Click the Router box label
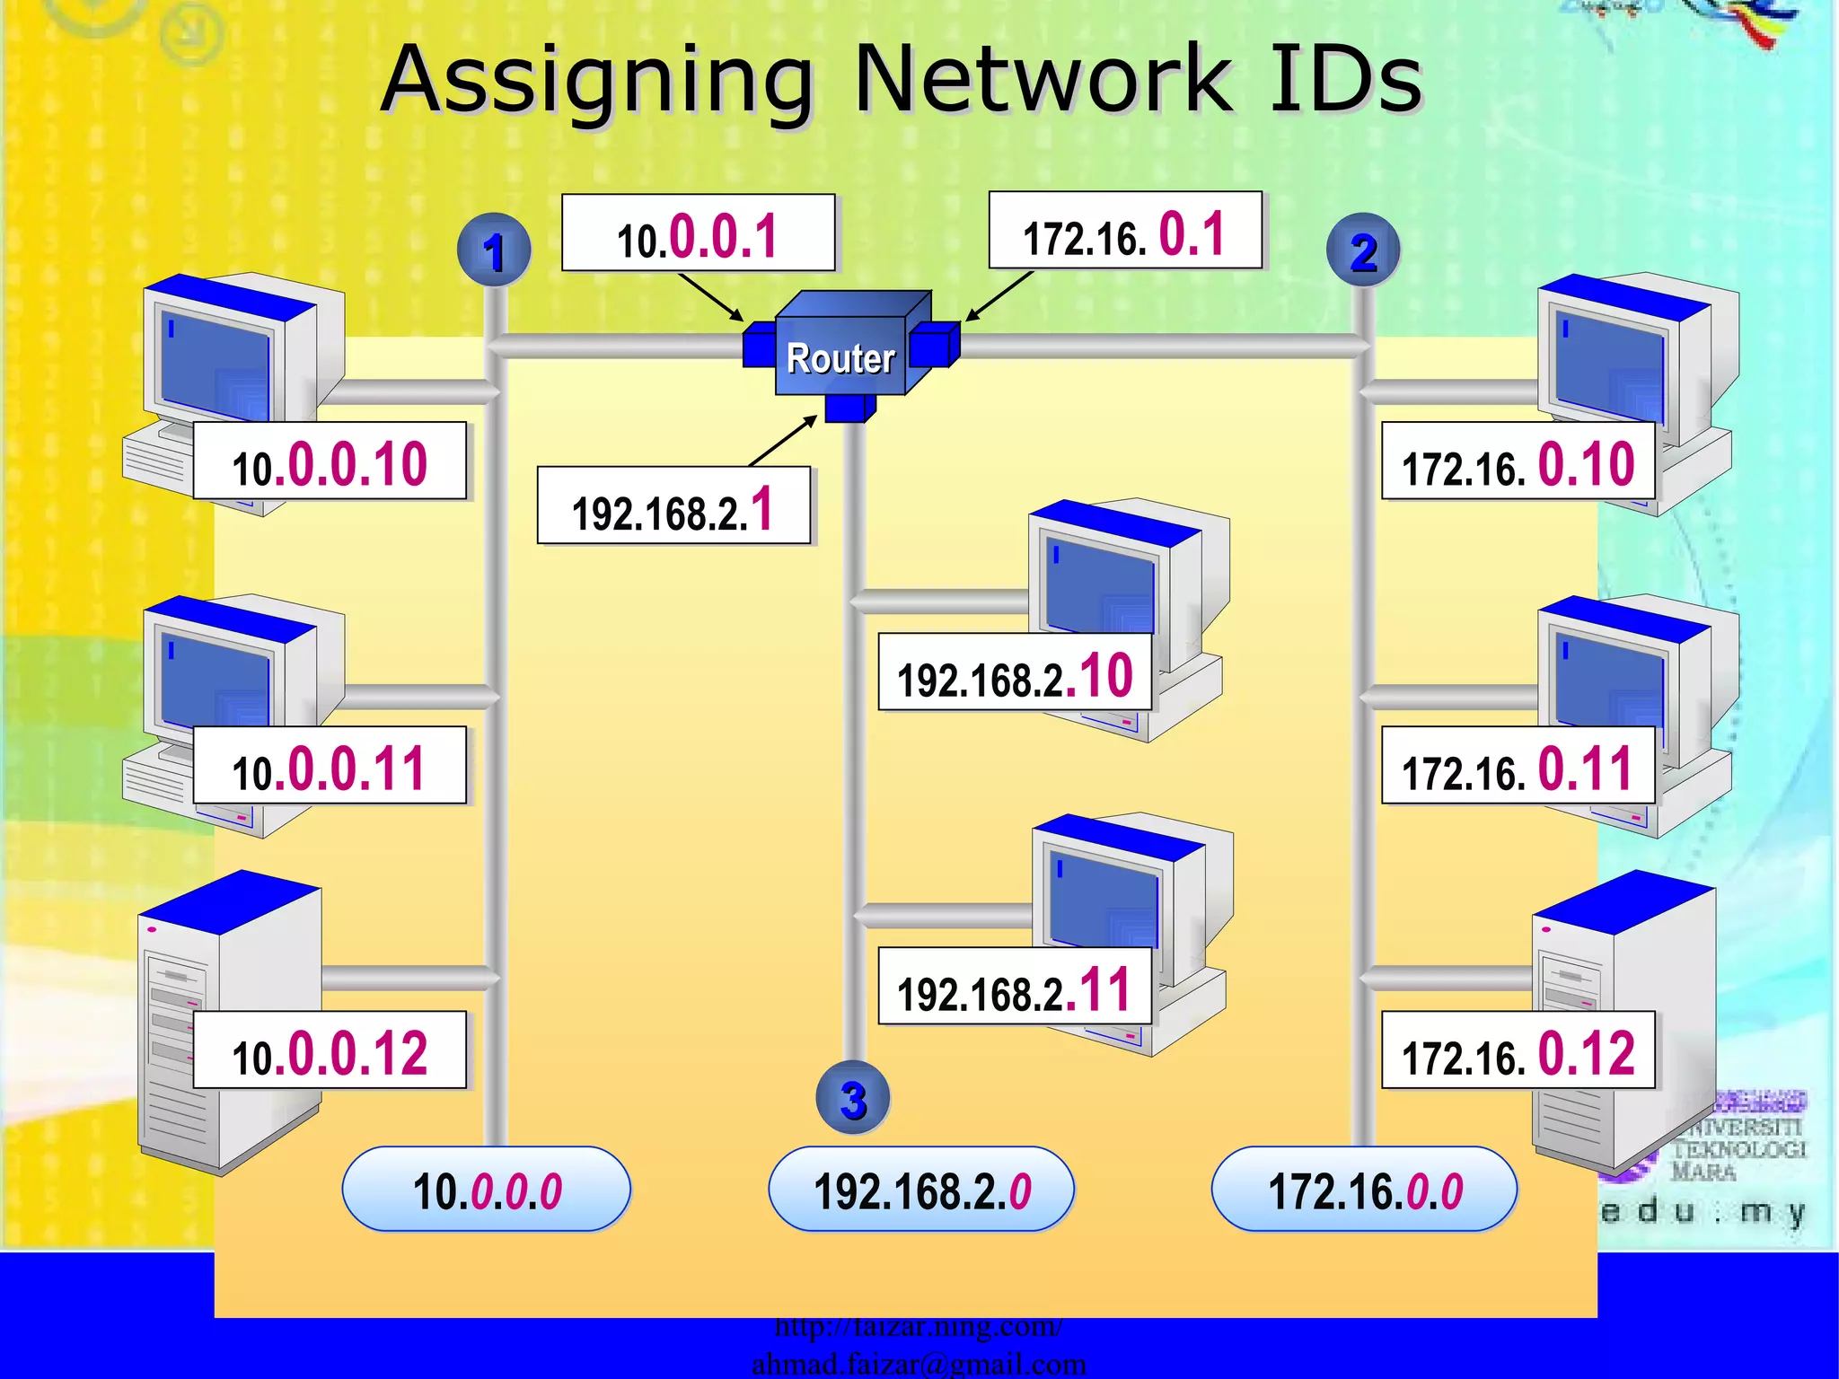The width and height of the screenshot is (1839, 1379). (840, 357)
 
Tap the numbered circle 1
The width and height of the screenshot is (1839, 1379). (494, 250)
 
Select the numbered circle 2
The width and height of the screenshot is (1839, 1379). (1363, 250)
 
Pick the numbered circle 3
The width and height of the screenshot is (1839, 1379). (853, 1098)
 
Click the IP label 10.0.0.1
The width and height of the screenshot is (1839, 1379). (698, 233)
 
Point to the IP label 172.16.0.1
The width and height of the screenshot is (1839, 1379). (1125, 231)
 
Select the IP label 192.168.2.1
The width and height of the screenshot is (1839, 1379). (673, 505)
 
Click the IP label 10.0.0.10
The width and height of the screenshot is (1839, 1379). (330, 461)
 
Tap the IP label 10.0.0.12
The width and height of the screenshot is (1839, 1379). (330, 1050)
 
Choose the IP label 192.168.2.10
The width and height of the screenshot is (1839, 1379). (1015, 672)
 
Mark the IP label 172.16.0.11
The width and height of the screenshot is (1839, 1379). (1518, 766)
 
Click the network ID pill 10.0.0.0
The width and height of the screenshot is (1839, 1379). (487, 1190)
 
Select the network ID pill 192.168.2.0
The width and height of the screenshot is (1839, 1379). (921, 1190)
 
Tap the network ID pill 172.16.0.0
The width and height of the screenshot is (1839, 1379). (1364, 1190)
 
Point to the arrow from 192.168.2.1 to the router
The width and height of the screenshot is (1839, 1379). (782, 441)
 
